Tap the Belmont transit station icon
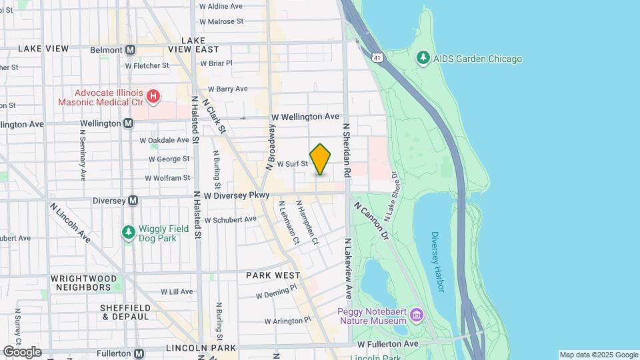coord(131,50)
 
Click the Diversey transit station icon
coord(133,200)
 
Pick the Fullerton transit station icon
coord(139,354)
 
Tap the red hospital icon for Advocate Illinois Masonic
coord(153,97)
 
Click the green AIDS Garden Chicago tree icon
coord(422,59)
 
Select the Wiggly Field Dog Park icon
coord(128,232)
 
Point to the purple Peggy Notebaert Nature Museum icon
coord(417,313)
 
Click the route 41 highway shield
coord(377,59)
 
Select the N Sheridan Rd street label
coord(347,149)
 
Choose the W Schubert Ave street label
coord(230,219)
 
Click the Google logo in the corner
coord(22,351)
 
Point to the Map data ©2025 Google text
coord(598,355)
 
